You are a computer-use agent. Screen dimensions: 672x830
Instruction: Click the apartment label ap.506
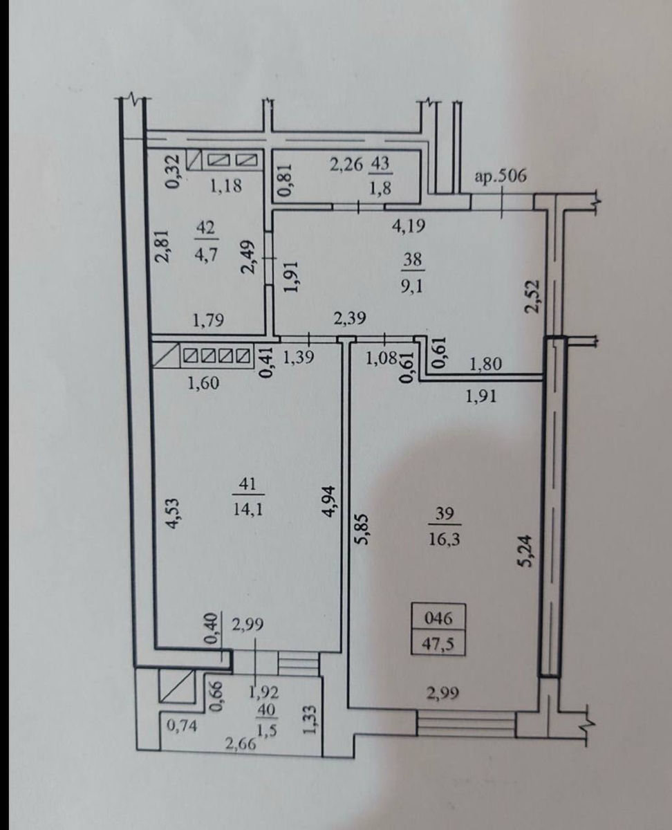click(x=501, y=176)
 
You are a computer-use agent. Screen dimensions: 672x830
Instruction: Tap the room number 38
click(x=413, y=259)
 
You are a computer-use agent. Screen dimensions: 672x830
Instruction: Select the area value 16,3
click(x=444, y=539)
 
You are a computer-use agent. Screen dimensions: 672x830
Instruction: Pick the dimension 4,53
click(x=173, y=513)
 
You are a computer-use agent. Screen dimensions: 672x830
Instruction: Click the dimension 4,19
click(x=409, y=225)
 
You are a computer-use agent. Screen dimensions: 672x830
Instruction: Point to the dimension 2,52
click(x=532, y=296)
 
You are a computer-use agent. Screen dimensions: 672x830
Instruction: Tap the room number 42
click(x=206, y=227)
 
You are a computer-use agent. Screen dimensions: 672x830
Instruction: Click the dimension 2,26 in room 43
click(x=346, y=165)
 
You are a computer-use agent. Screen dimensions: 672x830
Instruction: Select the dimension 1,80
click(x=485, y=364)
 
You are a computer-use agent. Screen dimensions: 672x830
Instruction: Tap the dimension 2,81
click(x=164, y=246)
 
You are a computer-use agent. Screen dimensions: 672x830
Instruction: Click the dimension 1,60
click(x=203, y=383)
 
